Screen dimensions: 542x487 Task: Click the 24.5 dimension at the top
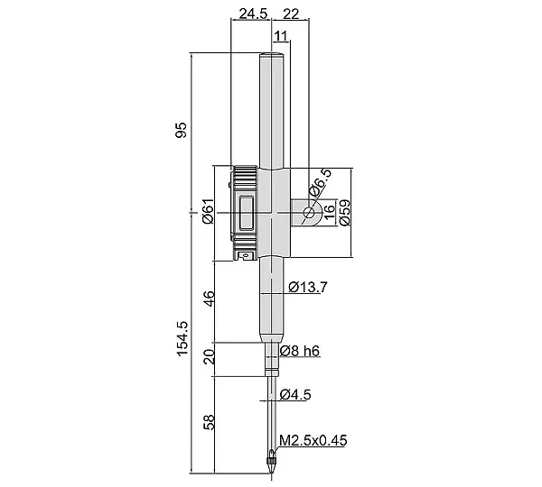253,14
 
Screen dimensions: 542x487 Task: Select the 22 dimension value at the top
291,14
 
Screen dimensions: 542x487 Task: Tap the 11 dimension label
281,36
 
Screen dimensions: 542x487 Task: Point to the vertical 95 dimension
182,130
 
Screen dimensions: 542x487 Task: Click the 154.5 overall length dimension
182,338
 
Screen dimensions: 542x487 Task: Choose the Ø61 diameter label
209,212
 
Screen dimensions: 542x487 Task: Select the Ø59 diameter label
345,213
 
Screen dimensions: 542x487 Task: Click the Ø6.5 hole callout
320,183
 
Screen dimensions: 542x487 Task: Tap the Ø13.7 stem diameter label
307,287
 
